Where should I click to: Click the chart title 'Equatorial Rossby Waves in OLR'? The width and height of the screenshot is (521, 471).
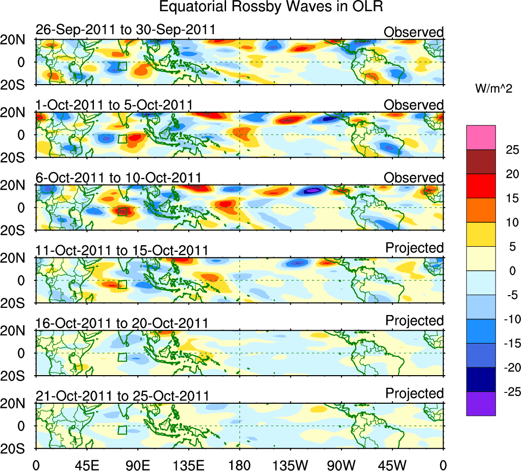pos(271,7)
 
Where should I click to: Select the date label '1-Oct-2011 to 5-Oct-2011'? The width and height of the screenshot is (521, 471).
pos(114,105)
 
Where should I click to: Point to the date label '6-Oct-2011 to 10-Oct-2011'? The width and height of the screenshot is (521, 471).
pos(118,178)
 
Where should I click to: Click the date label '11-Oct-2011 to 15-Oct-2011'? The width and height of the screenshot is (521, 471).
pos(122,250)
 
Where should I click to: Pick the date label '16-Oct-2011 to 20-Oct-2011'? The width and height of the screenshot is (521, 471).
pos(122,323)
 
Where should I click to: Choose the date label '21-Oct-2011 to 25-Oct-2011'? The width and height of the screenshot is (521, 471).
pos(122,396)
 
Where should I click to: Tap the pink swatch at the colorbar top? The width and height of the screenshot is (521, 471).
pos(481,137)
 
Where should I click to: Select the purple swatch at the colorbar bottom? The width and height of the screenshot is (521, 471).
pos(481,403)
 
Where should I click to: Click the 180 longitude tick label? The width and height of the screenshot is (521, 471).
pos(239,464)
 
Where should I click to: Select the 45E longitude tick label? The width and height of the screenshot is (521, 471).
pos(86,464)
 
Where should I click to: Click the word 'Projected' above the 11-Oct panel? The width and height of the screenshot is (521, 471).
pos(414,248)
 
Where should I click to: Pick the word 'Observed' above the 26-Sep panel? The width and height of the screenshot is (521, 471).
pos(414,32)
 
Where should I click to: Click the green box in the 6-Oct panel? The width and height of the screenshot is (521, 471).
pos(122,211)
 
